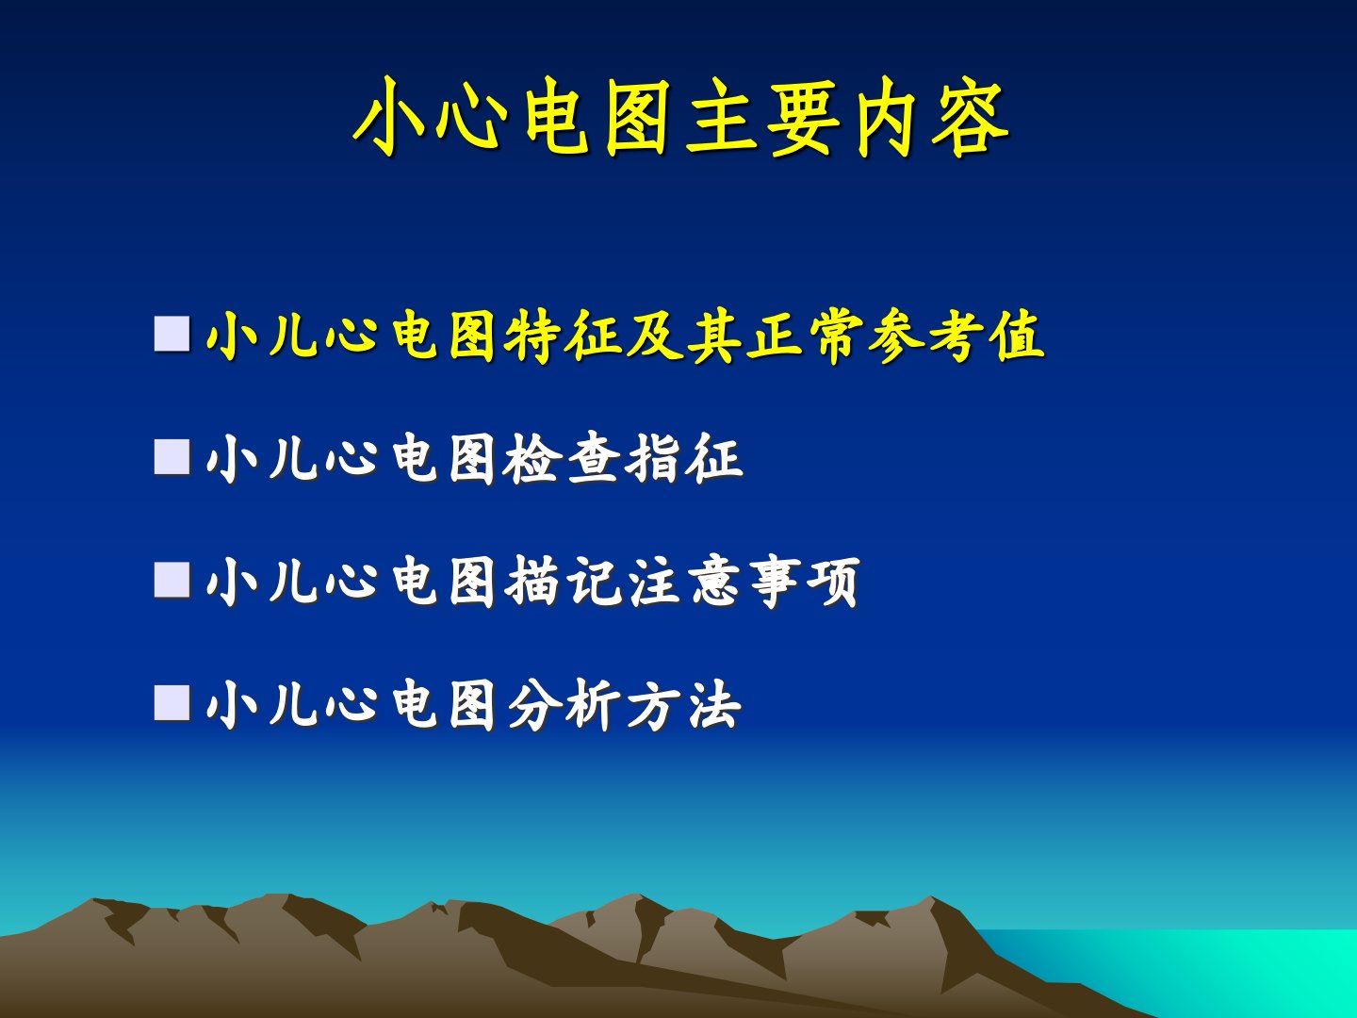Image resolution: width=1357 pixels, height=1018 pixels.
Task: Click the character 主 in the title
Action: click(722, 118)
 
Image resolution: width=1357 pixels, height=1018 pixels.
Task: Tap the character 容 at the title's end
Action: click(971, 118)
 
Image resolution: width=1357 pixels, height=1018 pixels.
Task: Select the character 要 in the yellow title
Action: click(804, 118)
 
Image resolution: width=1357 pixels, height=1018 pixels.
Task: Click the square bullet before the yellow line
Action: click(172, 334)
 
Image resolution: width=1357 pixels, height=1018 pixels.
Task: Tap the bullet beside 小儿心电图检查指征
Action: click(172, 457)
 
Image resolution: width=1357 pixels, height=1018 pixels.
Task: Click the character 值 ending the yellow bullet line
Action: click(1017, 336)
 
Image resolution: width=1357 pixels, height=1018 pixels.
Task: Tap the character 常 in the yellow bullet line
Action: click(835, 336)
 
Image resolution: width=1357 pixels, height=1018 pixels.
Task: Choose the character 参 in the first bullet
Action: click(895, 336)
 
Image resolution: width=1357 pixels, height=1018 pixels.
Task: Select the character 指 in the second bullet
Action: click(653, 459)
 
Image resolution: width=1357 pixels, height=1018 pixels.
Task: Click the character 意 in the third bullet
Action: click(714, 582)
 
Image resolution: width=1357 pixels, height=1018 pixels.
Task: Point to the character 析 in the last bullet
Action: click(593, 705)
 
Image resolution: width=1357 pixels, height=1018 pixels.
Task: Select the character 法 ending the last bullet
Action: click(714, 705)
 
